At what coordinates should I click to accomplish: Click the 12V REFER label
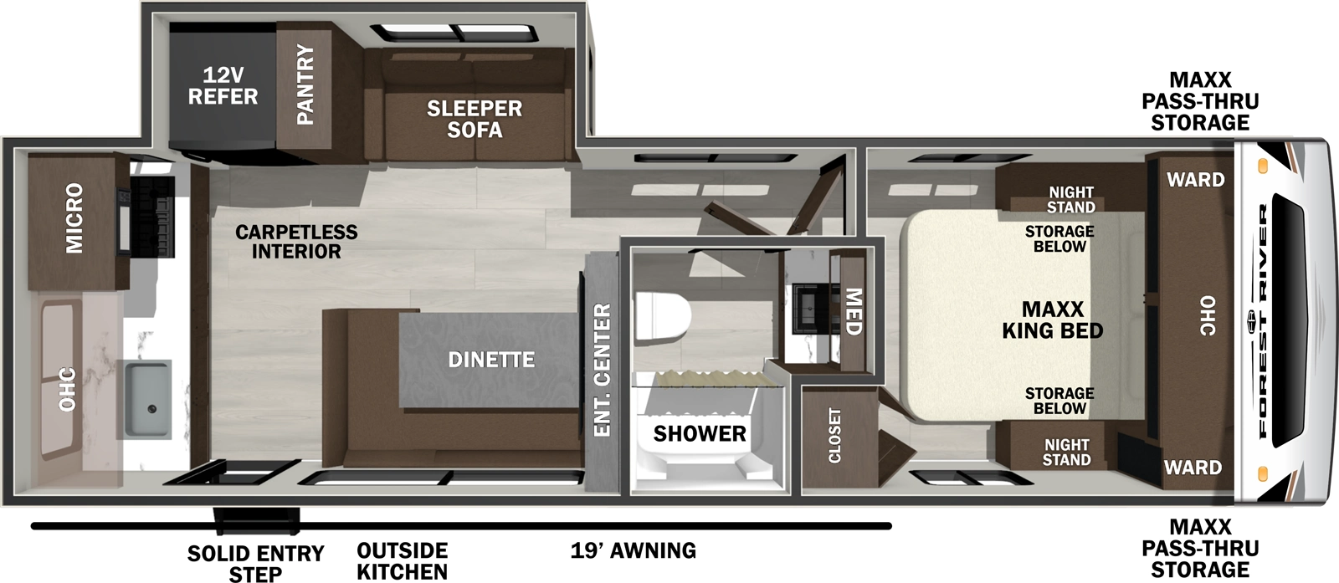point(223,86)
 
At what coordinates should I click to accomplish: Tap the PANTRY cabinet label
point(305,84)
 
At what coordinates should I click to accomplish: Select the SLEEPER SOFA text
point(475,119)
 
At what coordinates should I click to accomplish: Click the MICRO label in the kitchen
point(74,218)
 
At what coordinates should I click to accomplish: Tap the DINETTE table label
point(491,360)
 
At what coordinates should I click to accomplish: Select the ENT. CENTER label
point(601,370)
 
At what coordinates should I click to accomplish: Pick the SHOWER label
point(699,433)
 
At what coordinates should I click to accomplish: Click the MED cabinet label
point(853,311)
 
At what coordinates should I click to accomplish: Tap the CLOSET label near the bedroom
point(834,435)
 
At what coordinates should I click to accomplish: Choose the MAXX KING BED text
point(1053,320)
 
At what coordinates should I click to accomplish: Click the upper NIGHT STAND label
point(1070,200)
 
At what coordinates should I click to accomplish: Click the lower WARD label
point(1193,468)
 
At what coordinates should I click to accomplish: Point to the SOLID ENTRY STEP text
point(255,563)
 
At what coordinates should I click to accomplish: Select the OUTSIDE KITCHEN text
point(402,561)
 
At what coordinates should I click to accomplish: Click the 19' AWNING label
point(634,550)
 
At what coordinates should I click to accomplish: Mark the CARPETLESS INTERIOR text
point(296,241)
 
